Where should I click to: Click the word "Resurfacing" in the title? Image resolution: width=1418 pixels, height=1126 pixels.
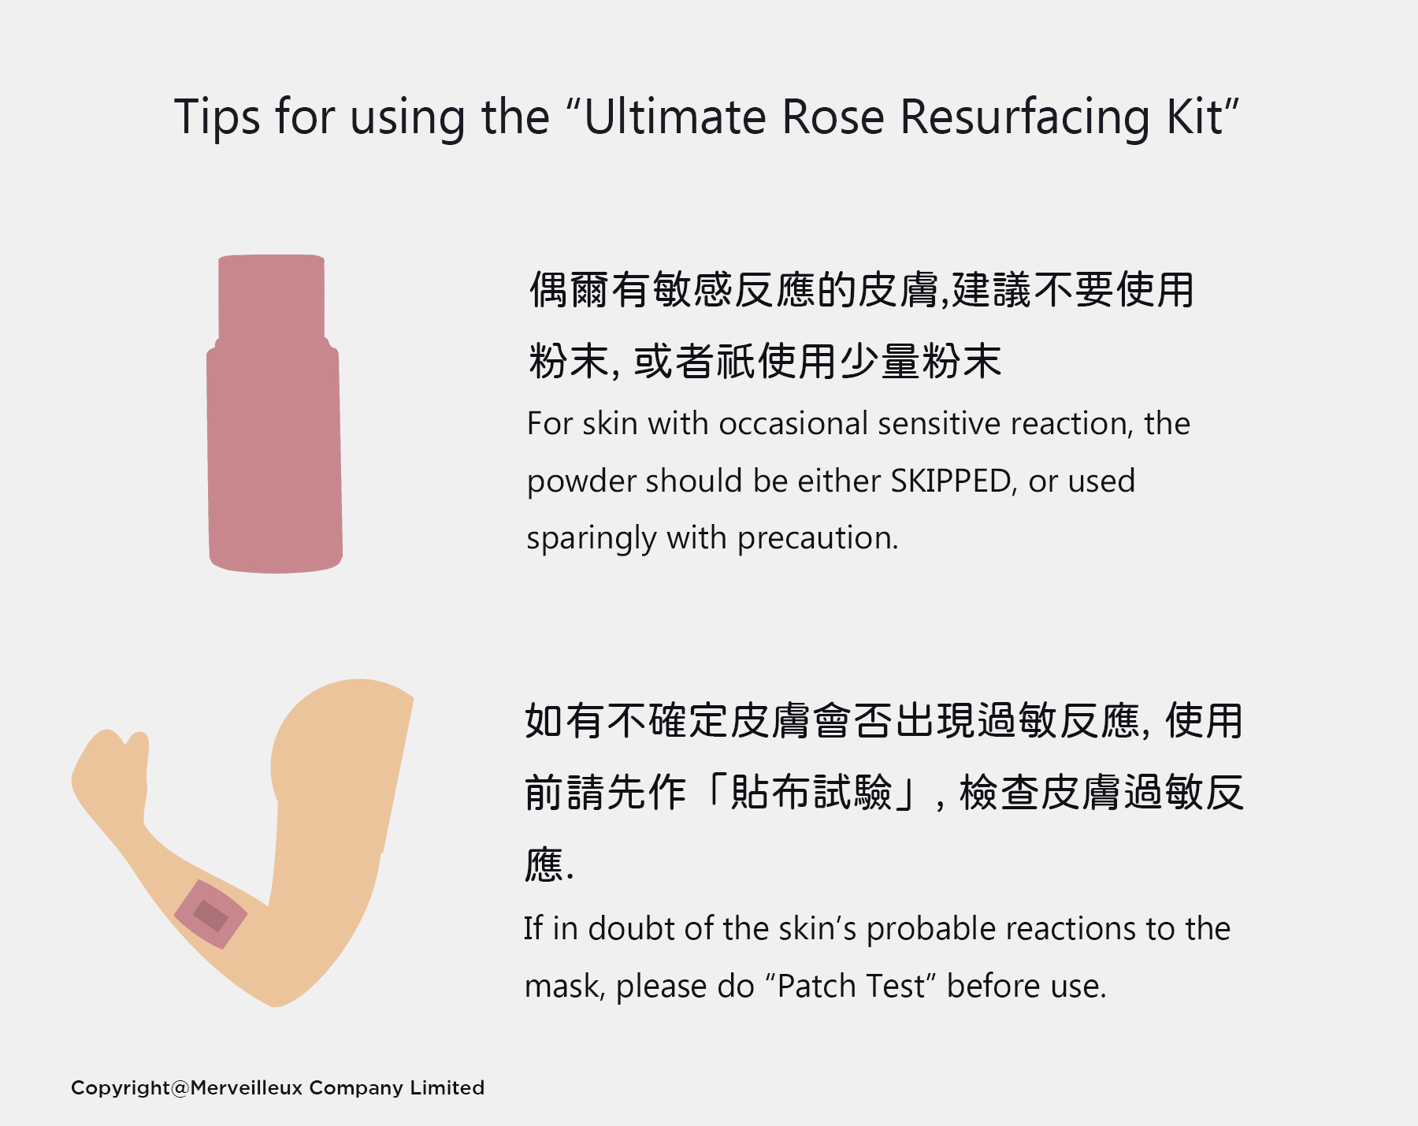[x=1025, y=118]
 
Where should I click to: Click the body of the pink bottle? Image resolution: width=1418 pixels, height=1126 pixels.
[x=274, y=457]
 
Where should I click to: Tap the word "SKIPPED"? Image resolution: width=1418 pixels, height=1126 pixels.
[x=951, y=481]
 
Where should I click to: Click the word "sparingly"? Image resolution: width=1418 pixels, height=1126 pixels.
[x=591, y=539]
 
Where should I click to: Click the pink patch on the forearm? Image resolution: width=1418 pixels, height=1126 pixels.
[x=210, y=914]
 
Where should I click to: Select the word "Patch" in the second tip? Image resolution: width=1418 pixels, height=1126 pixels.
[x=816, y=987]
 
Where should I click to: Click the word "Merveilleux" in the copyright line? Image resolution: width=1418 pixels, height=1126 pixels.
[x=247, y=1088]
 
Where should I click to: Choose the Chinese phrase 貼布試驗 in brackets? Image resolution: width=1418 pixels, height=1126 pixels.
[x=812, y=793]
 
